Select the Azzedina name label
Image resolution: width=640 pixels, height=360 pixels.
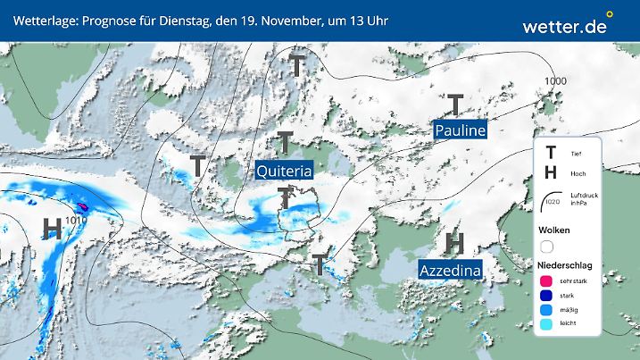450,268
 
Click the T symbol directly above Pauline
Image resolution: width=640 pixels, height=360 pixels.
455,105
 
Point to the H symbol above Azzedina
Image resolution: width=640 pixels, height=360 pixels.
454,242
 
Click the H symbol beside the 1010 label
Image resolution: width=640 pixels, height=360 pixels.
53,230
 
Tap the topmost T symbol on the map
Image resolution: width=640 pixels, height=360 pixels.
297,65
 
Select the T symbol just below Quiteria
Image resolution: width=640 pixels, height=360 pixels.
286,197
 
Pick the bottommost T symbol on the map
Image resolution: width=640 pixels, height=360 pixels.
319,264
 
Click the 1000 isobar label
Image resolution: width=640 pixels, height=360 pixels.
555,81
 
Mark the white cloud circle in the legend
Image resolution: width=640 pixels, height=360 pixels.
547,246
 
